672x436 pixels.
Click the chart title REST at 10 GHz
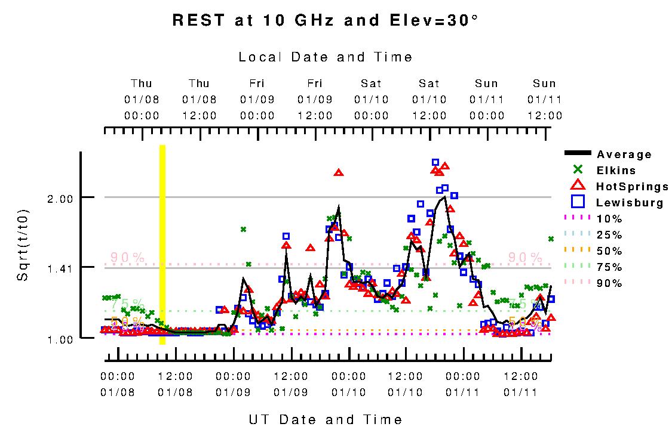pyautogui.click(x=326, y=20)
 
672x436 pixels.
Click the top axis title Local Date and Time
pyautogui.click(x=326, y=57)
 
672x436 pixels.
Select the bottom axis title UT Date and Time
pyautogui.click(x=326, y=420)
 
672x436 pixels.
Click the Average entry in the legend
pyautogui.click(x=624, y=154)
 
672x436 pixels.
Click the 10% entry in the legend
pyautogui.click(x=609, y=219)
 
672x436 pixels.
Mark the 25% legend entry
pyautogui.click(x=609, y=235)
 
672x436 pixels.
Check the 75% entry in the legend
pyautogui.click(x=609, y=267)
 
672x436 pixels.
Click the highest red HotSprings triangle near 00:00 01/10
pyautogui.click(x=339, y=172)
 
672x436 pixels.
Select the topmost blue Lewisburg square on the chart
pyautogui.click(x=435, y=162)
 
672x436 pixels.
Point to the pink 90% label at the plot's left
pyautogui.click(x=127, y=258)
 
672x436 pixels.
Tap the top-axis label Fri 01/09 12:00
pyautogui.click(x=315, y=99)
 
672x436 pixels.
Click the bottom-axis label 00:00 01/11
pyautogui.click(x=463, y=385)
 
